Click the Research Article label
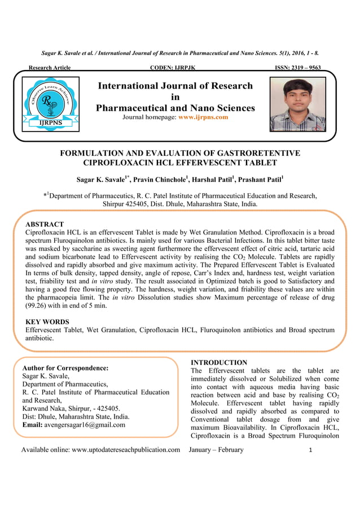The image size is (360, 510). (x=50, y=68)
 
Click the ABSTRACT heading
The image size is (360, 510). (x=45, y=224)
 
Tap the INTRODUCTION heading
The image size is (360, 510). (x=219, y=362)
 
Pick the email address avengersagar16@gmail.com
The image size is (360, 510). (x=85, y=425)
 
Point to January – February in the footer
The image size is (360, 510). (x=217, y=450)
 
